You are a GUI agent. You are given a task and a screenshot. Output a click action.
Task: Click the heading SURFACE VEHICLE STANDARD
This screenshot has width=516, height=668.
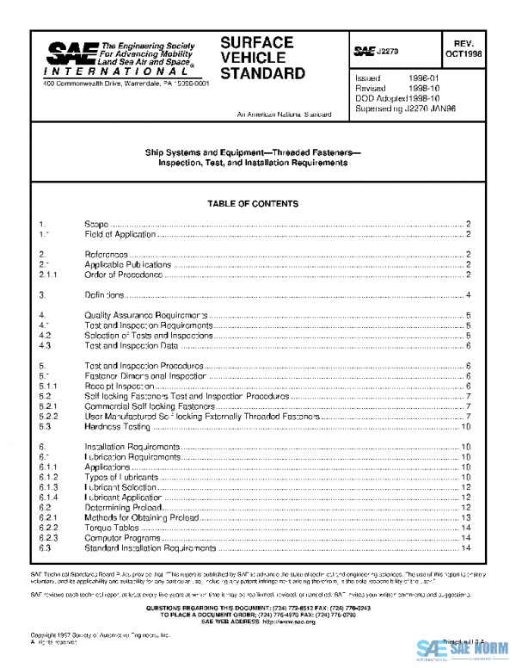click(262, 58)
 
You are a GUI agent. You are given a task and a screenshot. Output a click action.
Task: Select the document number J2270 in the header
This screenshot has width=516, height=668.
click(386, 52)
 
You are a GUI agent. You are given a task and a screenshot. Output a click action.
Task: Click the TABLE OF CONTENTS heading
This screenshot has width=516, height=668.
click(252, 204)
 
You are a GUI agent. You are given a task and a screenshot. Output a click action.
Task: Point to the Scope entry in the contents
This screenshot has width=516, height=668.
click(96, 224)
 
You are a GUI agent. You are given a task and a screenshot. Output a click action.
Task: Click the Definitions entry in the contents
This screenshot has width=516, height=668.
click(106, 295)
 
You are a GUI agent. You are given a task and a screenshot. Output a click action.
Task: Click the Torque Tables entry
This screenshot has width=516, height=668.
click(112, 527)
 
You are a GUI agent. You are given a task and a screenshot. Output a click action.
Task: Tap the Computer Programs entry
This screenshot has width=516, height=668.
click(119, 537)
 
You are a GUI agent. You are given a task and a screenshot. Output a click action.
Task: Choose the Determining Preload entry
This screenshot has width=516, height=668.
click(120, 507)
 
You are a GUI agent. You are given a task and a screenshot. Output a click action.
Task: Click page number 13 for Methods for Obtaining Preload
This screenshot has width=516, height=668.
click(465, 517)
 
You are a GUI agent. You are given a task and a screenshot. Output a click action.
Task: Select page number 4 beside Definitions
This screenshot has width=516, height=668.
click(467, 295)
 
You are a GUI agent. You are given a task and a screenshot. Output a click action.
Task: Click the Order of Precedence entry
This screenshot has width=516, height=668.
click(124, 275)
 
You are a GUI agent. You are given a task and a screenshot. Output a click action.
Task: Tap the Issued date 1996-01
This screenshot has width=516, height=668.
click(426, 78)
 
